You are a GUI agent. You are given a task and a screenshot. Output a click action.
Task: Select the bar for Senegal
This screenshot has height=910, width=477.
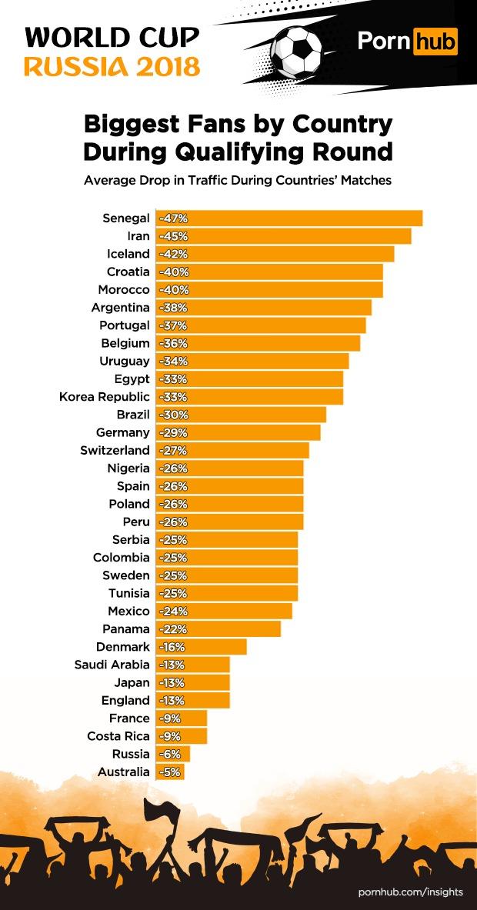tap(289, 218)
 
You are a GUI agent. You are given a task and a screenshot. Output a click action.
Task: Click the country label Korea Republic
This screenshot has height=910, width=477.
tap(105, 397)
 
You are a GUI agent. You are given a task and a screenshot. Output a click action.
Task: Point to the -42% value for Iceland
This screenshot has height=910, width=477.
tap(172, 254)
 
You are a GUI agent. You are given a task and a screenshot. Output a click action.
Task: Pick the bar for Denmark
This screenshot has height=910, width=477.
tap(202, 647)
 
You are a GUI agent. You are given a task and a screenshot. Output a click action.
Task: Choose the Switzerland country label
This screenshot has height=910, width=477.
tap(115, 450)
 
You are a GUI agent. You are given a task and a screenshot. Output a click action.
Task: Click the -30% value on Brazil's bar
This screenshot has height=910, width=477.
tap(172, 415)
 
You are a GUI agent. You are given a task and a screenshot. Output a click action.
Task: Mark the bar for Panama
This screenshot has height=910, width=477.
tap(218, 629)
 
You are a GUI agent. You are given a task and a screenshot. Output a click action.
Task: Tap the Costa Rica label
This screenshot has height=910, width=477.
tap(118, 736)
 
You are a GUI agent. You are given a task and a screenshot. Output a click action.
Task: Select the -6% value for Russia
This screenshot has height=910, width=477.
tap(169, 754)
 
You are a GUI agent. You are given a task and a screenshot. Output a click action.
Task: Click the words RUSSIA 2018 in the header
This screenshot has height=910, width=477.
tap(112, 66)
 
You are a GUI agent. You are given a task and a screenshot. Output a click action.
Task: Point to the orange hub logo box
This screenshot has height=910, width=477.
tap(435, 41)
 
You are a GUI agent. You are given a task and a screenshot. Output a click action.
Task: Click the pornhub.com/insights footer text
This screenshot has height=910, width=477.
tap(411, 892)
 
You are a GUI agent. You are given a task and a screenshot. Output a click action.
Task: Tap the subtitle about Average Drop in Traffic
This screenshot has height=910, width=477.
tap(238, 182)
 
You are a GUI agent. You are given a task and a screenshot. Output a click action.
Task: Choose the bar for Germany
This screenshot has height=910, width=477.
tap(239, 432)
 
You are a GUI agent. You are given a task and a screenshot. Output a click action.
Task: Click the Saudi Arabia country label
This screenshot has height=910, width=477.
tap(112, 665)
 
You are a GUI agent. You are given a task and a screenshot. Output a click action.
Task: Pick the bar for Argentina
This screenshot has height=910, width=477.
tap(264, 308)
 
